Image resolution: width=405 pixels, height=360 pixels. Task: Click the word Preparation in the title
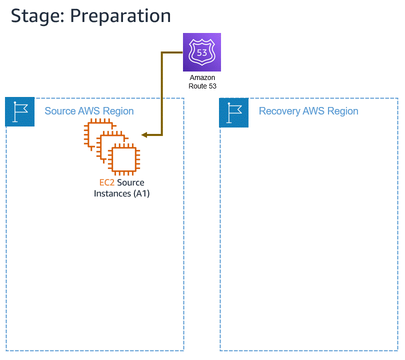pos(120,15)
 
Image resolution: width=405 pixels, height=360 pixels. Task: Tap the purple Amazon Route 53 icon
pos(201,52)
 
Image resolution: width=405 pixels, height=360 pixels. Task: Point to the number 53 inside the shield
pos(202,52)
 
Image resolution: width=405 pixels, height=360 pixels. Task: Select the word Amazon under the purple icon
pos(202,78)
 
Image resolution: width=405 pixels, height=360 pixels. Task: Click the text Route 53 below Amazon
pos(202,86)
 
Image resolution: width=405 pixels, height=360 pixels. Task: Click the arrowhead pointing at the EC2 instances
pos(144,135)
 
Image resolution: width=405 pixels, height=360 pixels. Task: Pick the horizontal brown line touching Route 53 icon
pos(172,52)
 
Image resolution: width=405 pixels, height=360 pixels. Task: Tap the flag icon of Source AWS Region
pos(19,111)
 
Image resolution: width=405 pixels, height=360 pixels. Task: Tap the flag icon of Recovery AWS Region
pos(233,111)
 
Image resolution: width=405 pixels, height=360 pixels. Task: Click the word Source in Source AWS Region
pos(60,111)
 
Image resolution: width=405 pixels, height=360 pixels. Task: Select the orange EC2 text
pos(107,183)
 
